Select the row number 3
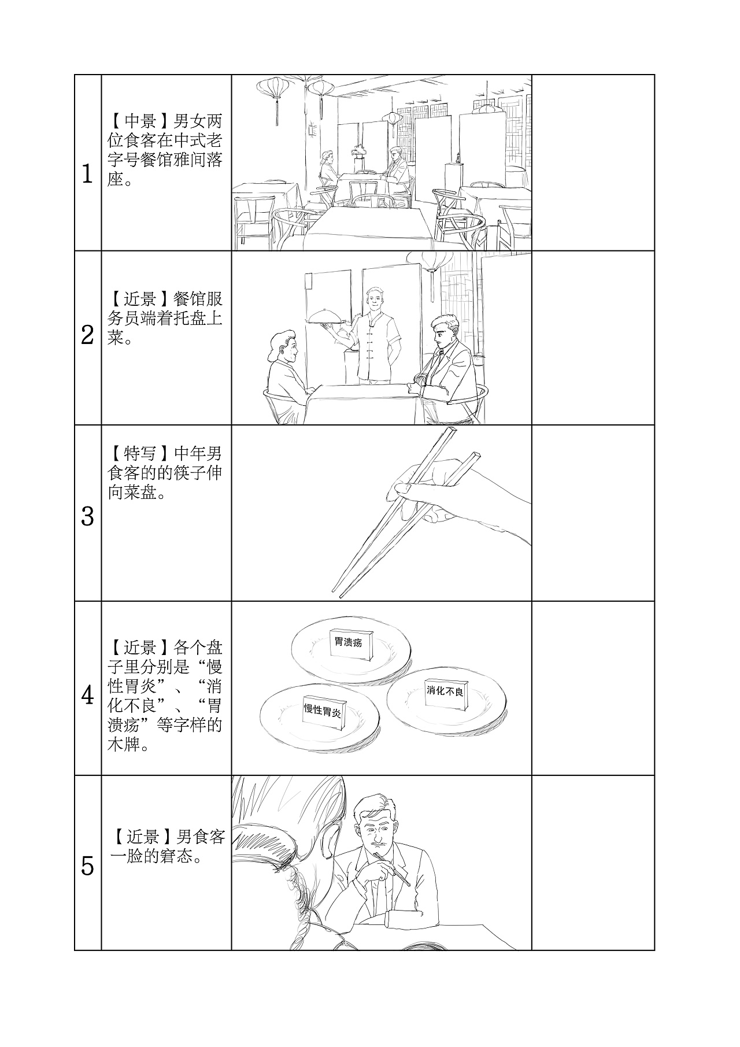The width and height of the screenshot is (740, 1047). (87, 516)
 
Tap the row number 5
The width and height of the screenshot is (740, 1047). (87, 866)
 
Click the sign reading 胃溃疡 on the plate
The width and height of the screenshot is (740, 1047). (349, 642)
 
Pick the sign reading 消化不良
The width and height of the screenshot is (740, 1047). (445, 691)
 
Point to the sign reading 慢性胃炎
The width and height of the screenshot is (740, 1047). (323, 711)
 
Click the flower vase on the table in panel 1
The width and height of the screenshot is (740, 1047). (360, 151)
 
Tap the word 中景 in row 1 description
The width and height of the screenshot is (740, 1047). (140, 121)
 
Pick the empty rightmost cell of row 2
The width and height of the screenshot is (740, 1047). (593, 338)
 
